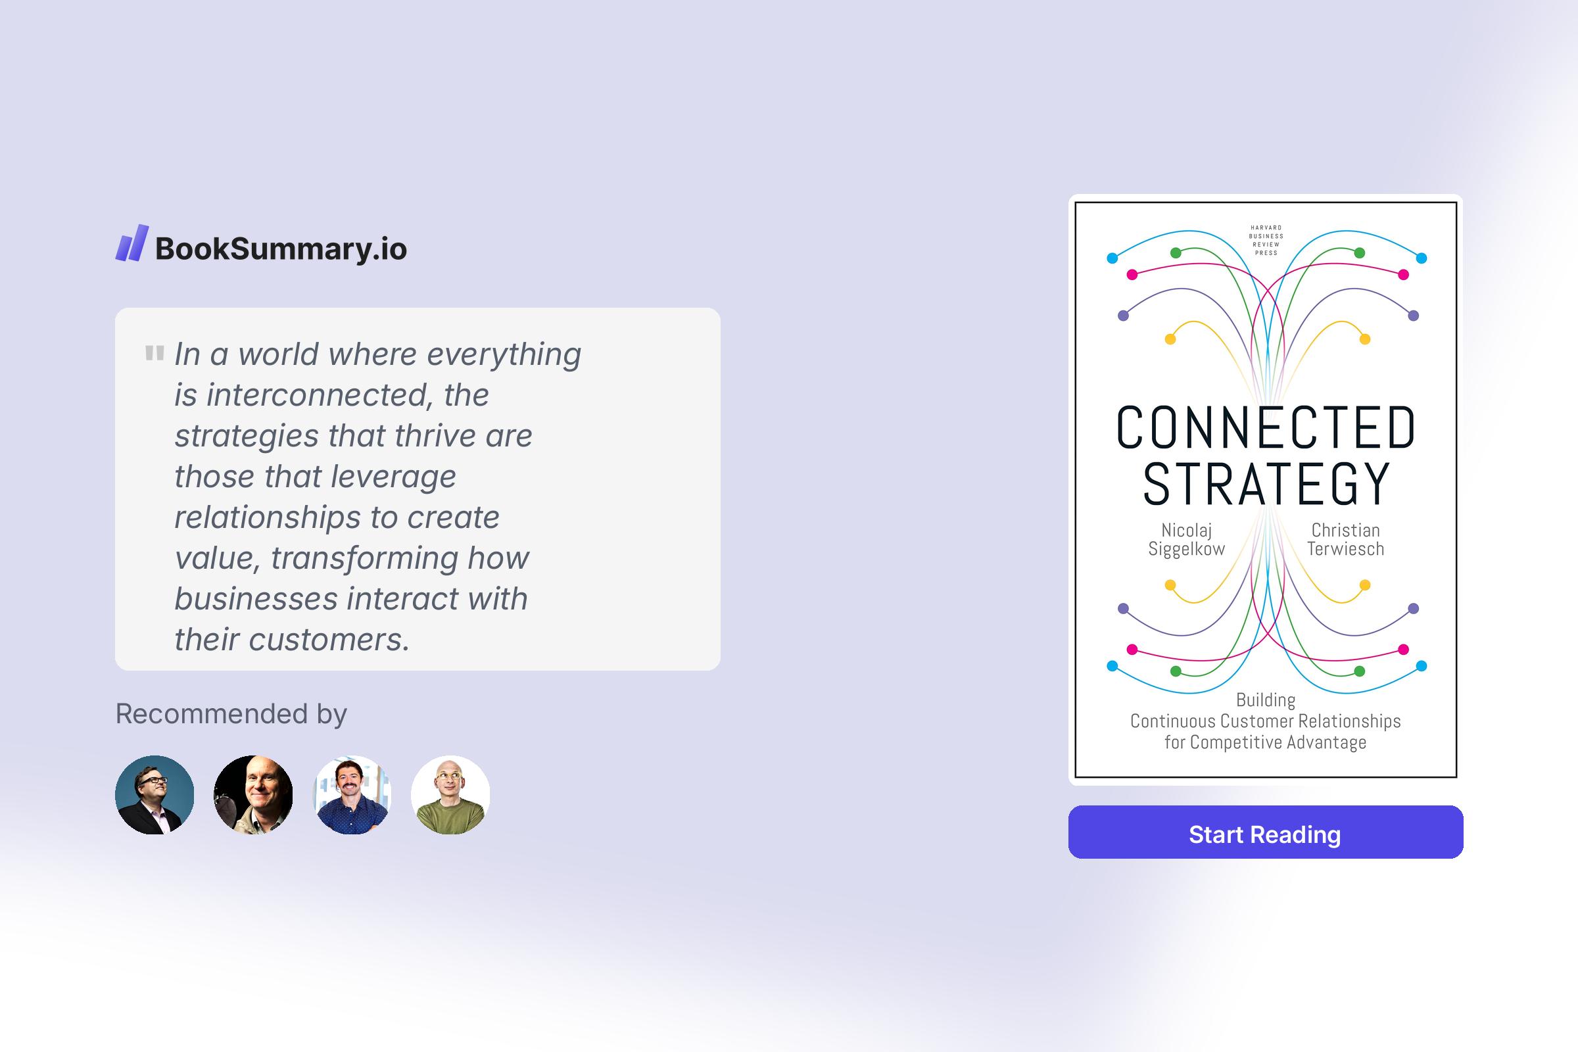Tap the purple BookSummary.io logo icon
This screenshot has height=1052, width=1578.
(131, 243)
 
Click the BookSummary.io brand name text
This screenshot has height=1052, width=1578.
(281, 249)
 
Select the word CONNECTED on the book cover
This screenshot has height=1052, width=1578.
(1265, 427)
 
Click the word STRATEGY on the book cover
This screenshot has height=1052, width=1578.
(1265, 484)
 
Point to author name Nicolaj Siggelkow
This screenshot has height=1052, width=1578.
(1186, 539)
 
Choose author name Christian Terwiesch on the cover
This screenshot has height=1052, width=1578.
(1345, 539)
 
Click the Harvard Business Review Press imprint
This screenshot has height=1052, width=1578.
(1265, 240)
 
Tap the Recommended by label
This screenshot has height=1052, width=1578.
(231, 713)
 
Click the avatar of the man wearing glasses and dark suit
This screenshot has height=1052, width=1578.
(155, 795)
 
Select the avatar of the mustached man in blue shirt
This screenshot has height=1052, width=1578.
(352, 795)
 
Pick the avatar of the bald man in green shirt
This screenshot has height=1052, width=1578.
(450, 795)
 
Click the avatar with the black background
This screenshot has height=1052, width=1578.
(253, 795)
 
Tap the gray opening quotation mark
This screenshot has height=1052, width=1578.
(155, 353)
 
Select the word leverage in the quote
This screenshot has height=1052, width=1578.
(393, 476)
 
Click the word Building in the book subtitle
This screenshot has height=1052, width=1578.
(1265, 700)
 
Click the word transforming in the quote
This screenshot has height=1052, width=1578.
(364, 558)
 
